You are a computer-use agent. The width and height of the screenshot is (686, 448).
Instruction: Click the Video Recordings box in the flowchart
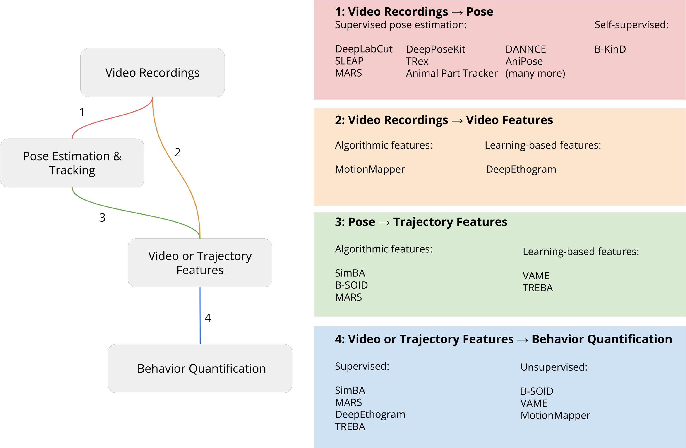(152, 73)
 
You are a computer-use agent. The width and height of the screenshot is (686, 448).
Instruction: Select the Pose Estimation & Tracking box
(72, 163)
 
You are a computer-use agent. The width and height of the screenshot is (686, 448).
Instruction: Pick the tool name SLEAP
(349, 61)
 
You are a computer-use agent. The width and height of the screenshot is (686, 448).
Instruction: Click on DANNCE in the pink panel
(525, 49)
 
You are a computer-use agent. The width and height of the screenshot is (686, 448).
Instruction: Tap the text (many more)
(535, 74)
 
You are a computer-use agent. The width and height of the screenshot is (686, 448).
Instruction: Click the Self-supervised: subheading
(631, 25)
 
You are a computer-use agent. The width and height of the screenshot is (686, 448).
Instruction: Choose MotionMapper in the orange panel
(370, 169)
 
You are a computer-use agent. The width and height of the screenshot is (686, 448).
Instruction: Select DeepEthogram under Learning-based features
(521, 169)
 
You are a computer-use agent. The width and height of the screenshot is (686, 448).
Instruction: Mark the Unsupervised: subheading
(554, 367)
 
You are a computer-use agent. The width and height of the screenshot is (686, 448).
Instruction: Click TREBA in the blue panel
(350, 426)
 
